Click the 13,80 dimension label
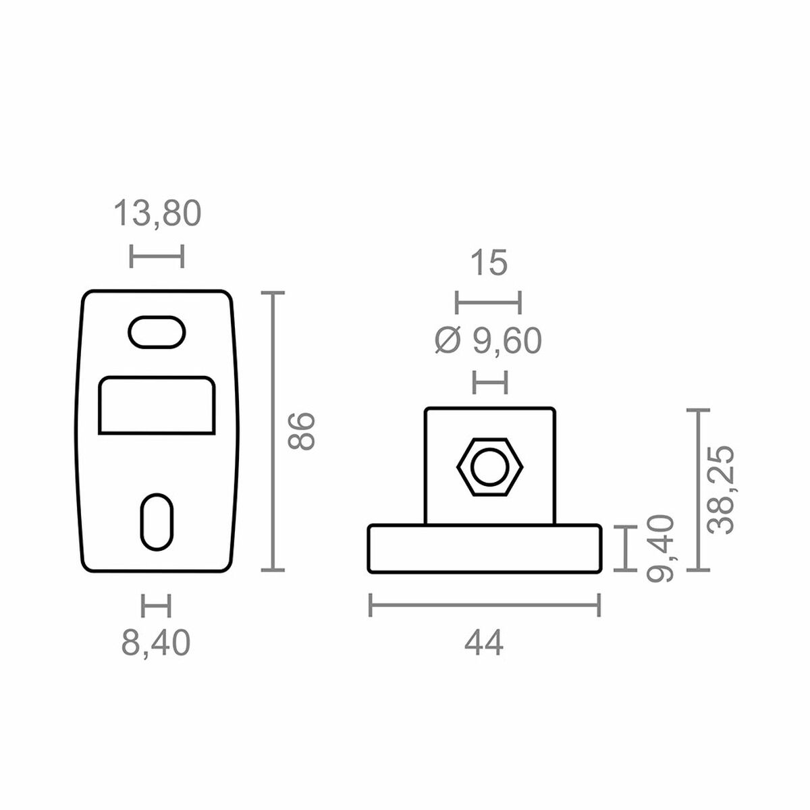pos(157,214)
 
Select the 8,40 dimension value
pos(156,643)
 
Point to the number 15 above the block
pos(488,263)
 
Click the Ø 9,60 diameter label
pos(488,342)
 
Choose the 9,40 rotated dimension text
pos(660,547)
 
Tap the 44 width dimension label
pos(484,645)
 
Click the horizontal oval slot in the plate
pos(157,332)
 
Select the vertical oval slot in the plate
pos(157,520)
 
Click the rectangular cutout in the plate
pos(157,405)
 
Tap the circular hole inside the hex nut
pos(489,466)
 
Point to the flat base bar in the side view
pos(484,549)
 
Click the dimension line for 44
pos(484,605)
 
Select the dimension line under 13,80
pos(157,256)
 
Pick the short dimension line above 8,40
pos(156,605)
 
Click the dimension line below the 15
pos(488,302)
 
